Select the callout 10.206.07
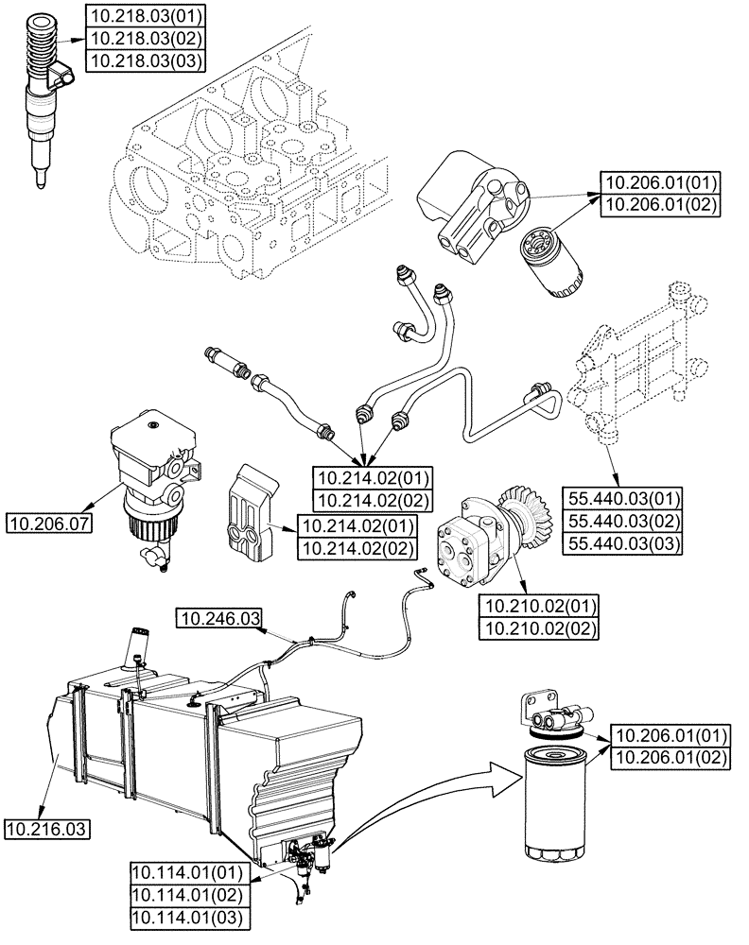click(x=48, y=522)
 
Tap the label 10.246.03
click(x=218, y=619)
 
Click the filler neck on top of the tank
click(x=139, y=647)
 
